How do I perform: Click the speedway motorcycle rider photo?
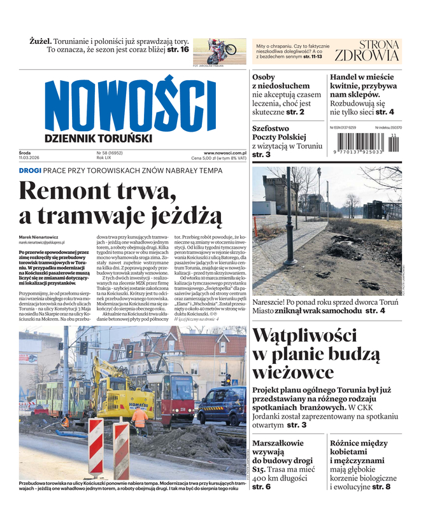click(215, 50)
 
